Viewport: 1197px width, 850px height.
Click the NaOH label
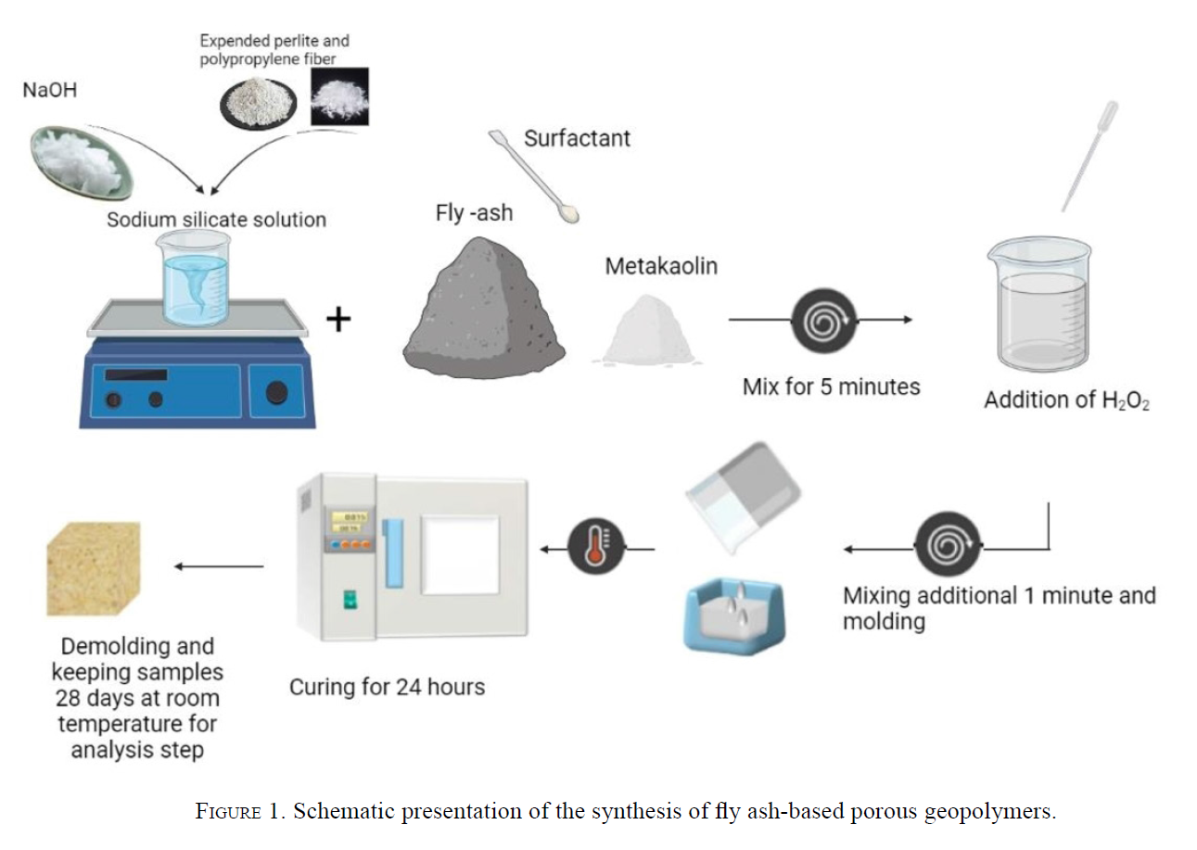[x=50, y=90]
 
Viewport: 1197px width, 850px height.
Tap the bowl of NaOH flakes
[x=82, y=162]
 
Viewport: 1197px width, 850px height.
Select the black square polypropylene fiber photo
[x=340, y=96]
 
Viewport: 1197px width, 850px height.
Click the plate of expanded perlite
[x=259, y=103]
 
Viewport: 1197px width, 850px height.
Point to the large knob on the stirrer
[x=277, y=393]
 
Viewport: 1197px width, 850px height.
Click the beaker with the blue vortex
[x=195, y=278]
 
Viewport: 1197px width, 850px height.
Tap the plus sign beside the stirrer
[x=338, y=320]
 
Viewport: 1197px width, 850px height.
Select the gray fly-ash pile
[x=484, y=308]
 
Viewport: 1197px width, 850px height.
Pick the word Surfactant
[x=577, y=138]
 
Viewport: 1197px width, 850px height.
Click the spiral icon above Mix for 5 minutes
[x=824, y=321]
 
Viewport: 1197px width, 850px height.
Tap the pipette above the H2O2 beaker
[x=1089, y=156]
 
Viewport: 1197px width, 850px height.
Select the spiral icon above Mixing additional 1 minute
[x=948, y=544]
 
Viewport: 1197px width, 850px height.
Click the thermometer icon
[x=596, y=546]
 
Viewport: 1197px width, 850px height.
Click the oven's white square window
[x=460, y=555]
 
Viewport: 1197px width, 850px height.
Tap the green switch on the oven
[x=350, y=600]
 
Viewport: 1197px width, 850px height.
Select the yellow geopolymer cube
[x=94, y=569]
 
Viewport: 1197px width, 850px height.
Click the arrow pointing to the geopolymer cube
[x=219, y=566]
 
